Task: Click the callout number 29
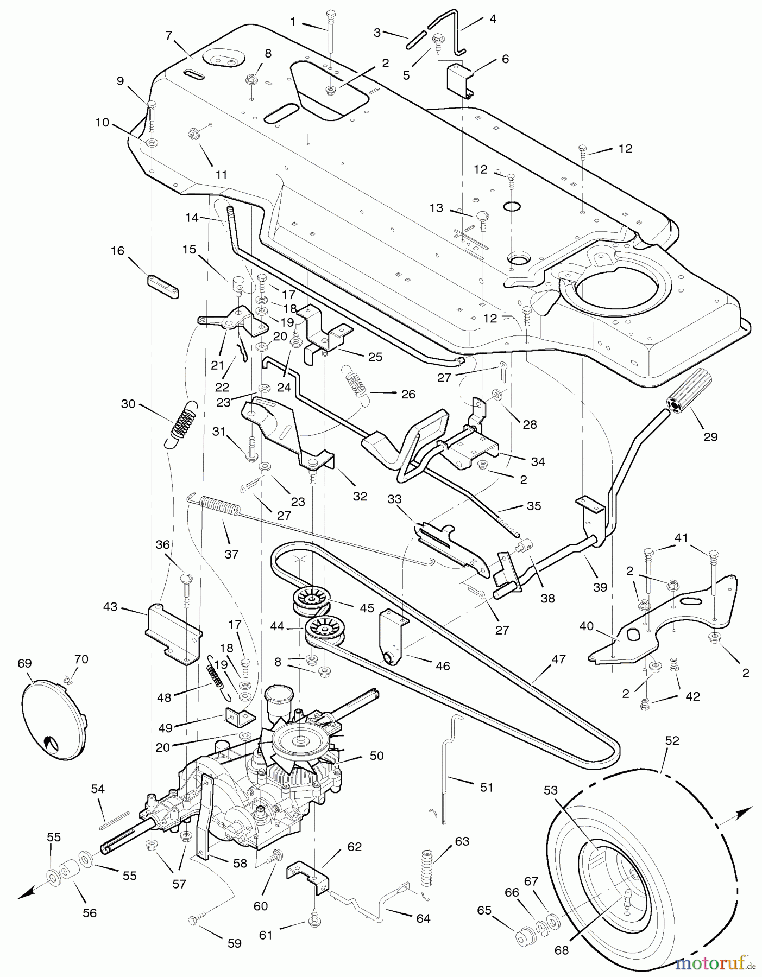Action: [710, 436]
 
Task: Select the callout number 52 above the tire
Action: [672, 740]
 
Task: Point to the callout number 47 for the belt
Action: [558, 659]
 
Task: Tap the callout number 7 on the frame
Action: [169, 35]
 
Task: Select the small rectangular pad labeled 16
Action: [162, 287]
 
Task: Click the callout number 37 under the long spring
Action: [231, 554]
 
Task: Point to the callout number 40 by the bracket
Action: [587, 626]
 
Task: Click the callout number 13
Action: [436, 208]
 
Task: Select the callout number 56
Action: [90, 913]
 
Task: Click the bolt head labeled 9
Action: [152, 104]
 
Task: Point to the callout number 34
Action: [538, 461]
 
